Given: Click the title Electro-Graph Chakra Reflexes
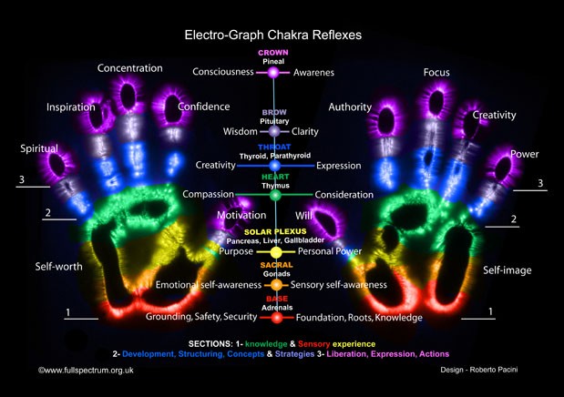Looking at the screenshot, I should (273, 35).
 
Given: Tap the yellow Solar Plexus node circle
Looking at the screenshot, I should (276, 250).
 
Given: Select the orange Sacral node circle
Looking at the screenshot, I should (276, 285).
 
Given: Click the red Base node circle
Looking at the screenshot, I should (276, 318).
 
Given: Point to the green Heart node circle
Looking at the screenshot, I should (276, 195).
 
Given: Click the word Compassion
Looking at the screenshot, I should (209, 195).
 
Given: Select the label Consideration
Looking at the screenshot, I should (344, 195).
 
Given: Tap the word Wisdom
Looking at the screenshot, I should (241, 132).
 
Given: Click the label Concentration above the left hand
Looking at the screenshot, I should (130, 68).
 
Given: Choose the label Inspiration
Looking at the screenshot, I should (71, 107).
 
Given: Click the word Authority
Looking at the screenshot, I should (350, 107).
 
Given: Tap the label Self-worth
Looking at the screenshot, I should (60, 267).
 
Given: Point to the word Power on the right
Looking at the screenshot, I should (524, 154).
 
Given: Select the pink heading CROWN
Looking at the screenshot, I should (273, 53).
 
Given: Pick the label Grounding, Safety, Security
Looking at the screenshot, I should (201, 318).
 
